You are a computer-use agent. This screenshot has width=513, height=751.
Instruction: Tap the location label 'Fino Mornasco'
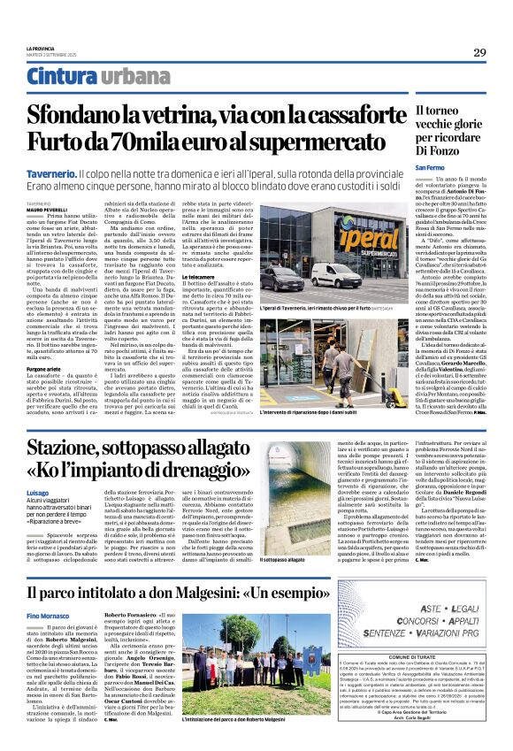[47, 614]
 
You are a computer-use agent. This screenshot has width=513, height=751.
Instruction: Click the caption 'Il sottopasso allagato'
[284, 559]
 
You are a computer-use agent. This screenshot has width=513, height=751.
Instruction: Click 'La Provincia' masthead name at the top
[40, 48]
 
